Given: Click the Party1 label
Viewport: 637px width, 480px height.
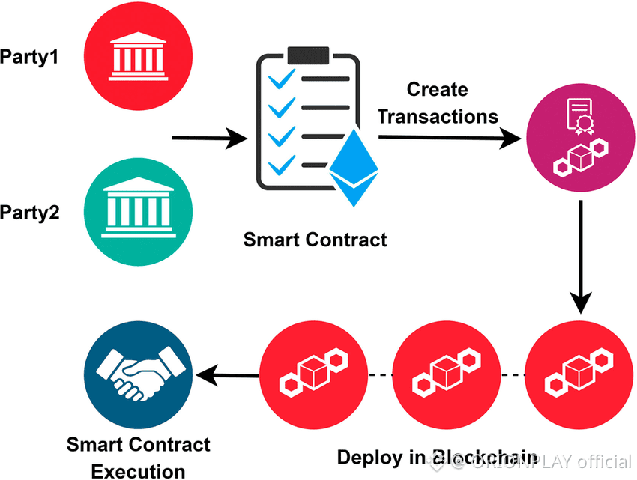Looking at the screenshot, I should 30,56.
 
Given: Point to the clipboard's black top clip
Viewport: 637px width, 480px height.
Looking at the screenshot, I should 309,55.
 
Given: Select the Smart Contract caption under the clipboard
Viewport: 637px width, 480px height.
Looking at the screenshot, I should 315,240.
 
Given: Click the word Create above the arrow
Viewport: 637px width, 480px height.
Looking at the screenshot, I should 438,90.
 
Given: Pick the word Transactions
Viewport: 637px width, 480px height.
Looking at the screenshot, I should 438,117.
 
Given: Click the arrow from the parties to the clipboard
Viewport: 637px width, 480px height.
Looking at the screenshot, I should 210,138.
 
